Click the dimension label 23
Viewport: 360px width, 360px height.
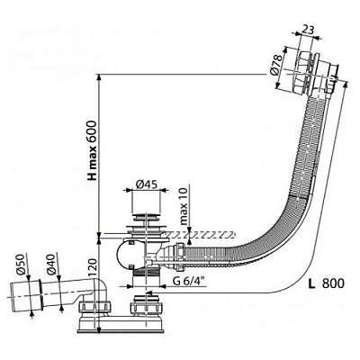[307, 30]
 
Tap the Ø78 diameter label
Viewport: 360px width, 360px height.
[276, 64]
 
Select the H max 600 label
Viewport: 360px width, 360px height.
[93, 150]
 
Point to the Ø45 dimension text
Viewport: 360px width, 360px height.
[146, 184]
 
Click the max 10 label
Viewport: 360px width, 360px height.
[184, 205]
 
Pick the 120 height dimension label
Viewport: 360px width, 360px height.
[94, 267]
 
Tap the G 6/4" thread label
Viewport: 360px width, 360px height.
[188, 282]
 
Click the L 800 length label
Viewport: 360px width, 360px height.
[327, 283]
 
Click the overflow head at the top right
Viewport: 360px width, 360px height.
[315, 74]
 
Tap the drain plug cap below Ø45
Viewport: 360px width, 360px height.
[146, 216]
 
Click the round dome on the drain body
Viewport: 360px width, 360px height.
[123, 255]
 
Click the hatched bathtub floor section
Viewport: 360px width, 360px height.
[199, 235]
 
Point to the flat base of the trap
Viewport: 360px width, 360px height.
[121, 331]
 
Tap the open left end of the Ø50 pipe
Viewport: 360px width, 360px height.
[12, 298]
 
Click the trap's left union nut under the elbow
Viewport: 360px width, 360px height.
[94, 307]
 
